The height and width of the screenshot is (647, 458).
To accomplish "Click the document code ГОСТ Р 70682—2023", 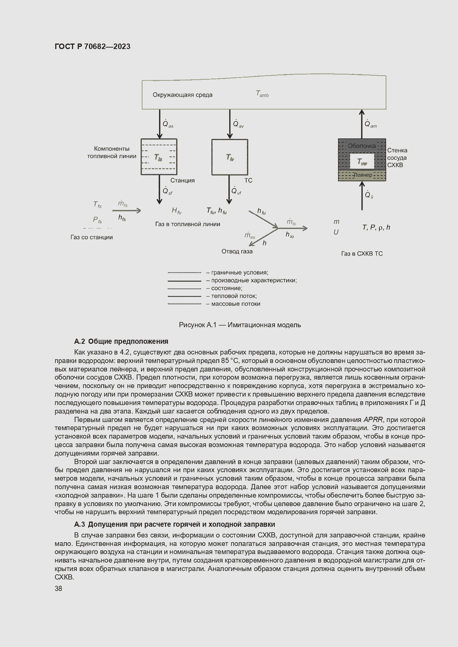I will tap(92, 46).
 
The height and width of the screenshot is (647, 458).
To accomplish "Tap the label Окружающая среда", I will tap(182, 95).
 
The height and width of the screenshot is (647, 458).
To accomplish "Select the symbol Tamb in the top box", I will tap(262, 94).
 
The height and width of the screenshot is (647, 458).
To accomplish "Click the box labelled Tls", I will tap(159, 157).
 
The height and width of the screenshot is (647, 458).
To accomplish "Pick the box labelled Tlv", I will tap(230, 157).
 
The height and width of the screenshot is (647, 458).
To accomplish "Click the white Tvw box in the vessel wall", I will tap(362, 162).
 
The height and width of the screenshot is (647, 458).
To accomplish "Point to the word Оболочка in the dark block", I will tap(362, 146).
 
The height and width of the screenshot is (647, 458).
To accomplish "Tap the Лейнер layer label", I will tap(363, 175).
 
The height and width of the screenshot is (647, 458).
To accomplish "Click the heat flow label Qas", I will tap(168, 124).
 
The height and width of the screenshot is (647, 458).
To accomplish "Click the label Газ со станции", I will tap(92, 237).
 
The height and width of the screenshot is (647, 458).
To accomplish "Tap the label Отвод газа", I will tap(237, 252).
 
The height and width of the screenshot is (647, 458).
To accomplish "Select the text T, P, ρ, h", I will tap(376, 228).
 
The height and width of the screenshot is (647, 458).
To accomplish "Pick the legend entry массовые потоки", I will tap(235, 304).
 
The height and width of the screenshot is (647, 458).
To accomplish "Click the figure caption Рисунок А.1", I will tap(240, 325).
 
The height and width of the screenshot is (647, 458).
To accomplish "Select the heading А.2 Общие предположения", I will tap(121, 341).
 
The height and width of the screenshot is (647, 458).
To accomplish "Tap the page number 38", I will tap(58, 588).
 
